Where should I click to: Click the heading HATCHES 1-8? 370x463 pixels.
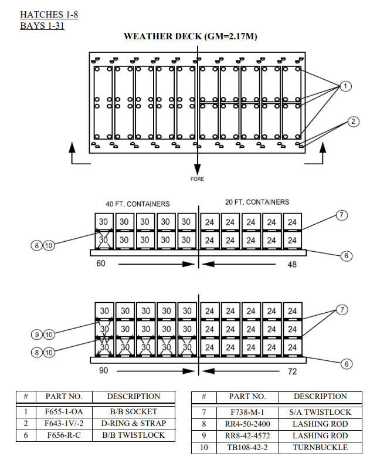pos(49,14)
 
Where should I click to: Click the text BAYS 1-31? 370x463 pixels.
pos(42,26)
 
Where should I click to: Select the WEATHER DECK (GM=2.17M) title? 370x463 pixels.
pos(191,36)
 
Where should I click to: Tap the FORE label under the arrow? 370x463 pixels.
pos(198,178)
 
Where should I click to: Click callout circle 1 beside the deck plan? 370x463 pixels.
pos(346,86)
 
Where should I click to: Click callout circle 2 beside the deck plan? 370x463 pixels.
pos(353,121)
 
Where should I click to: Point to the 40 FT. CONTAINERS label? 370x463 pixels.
pos(138,204)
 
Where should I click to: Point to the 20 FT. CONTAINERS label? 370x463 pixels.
pos(257,202)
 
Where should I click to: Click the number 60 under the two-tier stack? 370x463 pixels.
pos(101,264)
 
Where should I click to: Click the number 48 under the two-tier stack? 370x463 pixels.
pos(292,265)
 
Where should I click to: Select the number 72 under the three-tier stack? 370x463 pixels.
pos(292,371)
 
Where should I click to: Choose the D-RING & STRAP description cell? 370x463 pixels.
pos(133,423)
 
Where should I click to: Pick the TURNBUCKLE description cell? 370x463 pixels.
pos(320,447)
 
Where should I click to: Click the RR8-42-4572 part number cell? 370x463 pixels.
pos(246,435)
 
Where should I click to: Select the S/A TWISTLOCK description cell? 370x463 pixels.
pos(320,412)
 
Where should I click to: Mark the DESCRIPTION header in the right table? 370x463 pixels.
pos(320,396)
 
